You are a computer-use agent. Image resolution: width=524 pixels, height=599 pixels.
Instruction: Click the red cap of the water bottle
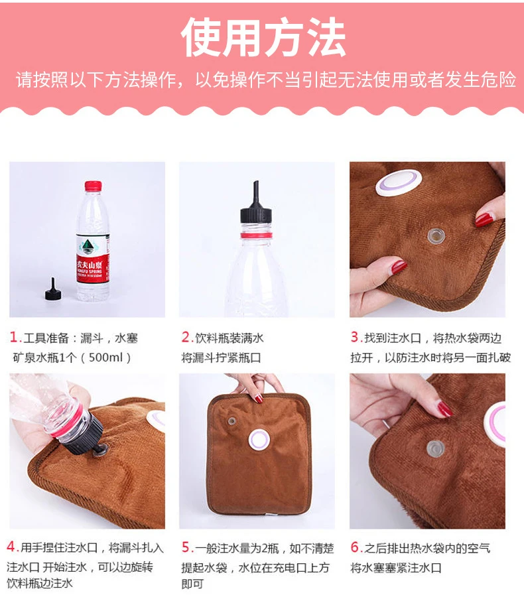(x=93, y=186)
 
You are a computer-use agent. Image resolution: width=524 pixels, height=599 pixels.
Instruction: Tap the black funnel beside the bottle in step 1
(x=54, y=290)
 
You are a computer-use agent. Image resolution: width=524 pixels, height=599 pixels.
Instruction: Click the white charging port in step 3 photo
(x=399, y=182)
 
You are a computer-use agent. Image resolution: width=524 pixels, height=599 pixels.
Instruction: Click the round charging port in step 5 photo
(x=259, y=440)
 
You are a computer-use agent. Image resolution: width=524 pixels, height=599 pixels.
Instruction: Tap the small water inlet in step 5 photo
(x=231, y=421)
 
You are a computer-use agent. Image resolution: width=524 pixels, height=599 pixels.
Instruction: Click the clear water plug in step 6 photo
(x=435, y=448)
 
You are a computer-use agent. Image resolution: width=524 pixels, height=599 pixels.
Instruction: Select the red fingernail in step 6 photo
(x=444, y=409)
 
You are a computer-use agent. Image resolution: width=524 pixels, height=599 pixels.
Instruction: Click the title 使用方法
(x=263, y=37)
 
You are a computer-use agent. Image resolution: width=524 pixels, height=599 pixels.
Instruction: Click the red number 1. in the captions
(x=16, y=338)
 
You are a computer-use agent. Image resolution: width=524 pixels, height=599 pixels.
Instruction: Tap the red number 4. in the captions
(x=13, y=547)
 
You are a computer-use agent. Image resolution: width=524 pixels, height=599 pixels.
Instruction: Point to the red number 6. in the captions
(x=357, y=547)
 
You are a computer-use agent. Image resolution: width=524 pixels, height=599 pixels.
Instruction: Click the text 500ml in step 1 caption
(x=105, y=358)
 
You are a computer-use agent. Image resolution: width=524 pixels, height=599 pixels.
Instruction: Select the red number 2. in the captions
(x=187, y=337)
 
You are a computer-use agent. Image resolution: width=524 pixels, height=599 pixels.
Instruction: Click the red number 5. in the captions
(x=188, y=547)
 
